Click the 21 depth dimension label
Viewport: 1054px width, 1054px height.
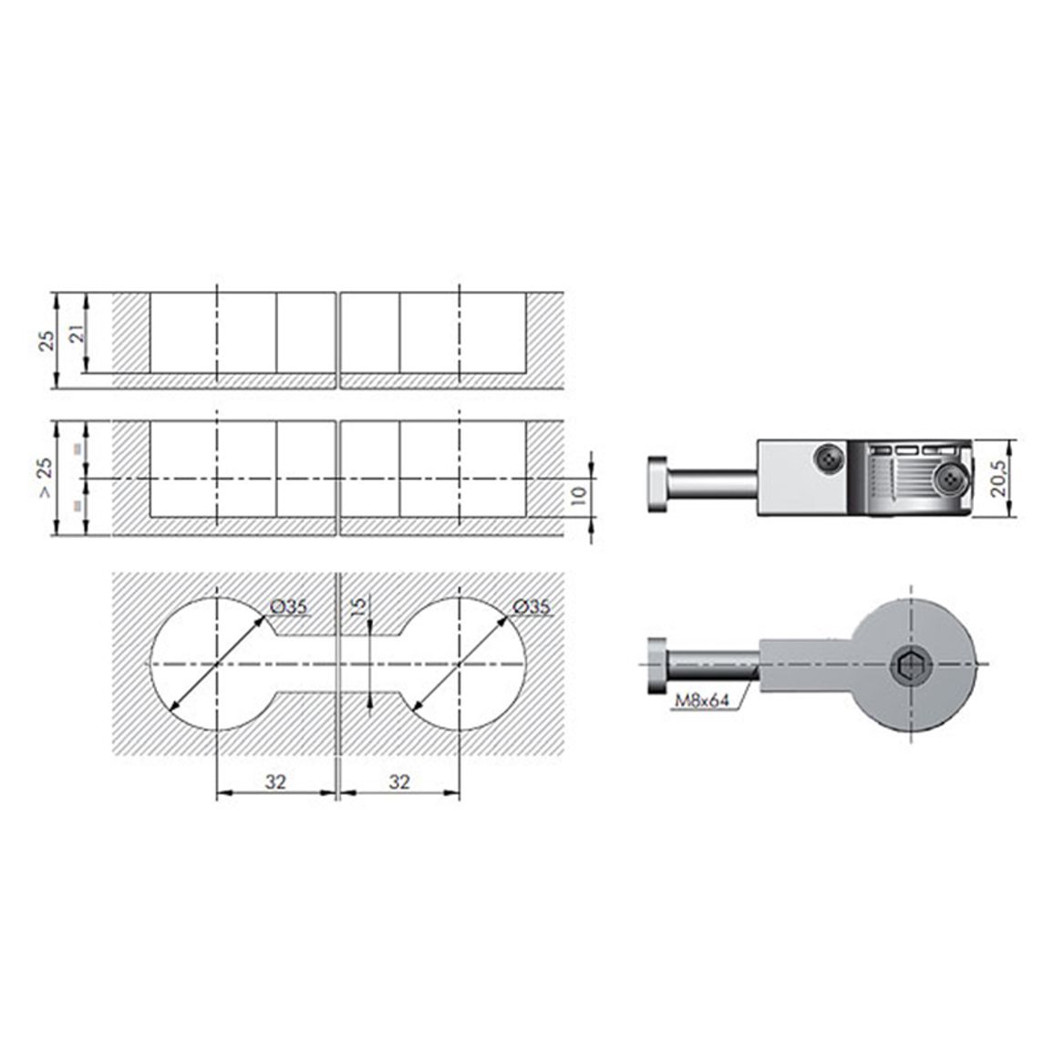(78, 333)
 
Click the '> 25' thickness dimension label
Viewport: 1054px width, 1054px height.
(45, 478)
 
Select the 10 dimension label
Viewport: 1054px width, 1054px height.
(579, 495)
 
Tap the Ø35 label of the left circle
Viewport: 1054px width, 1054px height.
(288, 606)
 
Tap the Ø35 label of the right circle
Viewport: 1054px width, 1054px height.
(531, 606)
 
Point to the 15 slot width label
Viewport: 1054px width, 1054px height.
(359, 605)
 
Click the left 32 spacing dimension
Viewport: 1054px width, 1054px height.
(275, 781)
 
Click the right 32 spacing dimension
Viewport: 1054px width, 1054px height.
(399, 781)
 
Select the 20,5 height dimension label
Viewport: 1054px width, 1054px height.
(999, 478)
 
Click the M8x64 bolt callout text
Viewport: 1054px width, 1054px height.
(702, 700)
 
